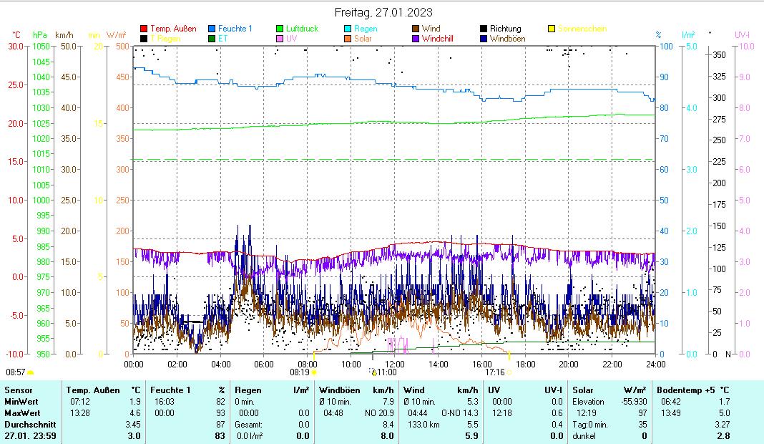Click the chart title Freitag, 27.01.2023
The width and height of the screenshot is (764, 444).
[x=383, y=12]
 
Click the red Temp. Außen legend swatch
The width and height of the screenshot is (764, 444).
[x=144, y=29]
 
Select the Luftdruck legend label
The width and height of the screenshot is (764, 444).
[x=302, y=29]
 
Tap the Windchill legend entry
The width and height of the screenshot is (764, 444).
[x=441, y=39]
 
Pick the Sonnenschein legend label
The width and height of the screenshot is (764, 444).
[x=583, y=29]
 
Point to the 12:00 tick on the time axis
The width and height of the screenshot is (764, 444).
[x=394, y=364]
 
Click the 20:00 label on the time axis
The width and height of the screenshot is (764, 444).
[x=568, y=364]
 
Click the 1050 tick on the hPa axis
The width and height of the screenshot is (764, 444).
[x=41, y=47]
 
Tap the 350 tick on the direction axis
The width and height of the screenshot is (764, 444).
[x=720, y=55]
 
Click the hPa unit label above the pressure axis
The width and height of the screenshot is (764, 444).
[x=40, y=34]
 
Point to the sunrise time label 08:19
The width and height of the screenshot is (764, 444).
[x=299, y=372]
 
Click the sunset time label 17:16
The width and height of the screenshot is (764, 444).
[x=494, y=372]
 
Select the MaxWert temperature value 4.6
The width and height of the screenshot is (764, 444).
[x=134, y=413]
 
